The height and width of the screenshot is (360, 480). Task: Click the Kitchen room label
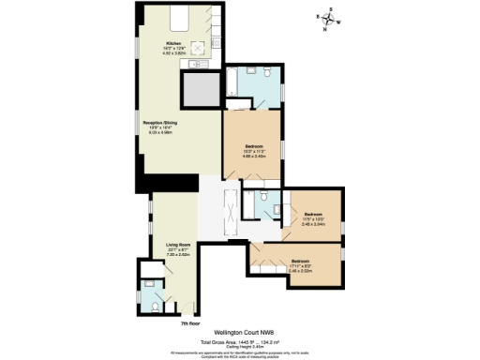coord(173,44)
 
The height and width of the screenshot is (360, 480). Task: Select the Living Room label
coord(179,244)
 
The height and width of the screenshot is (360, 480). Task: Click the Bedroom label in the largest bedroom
coord(253,147)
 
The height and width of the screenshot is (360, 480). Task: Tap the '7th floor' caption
coord(191,323)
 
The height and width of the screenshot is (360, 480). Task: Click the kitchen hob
coord(200,50)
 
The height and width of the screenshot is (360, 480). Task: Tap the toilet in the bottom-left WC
coord(152,304)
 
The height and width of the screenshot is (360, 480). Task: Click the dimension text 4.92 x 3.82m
coord(173,54)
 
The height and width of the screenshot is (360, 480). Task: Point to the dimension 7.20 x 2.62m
coord(179,254)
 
